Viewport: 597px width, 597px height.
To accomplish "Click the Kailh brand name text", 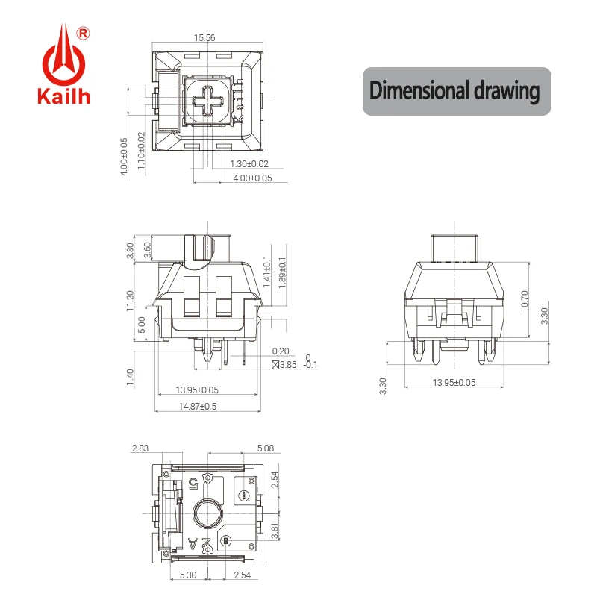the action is coord(63,96).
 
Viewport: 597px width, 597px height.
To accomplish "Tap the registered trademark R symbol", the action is coord(83,33).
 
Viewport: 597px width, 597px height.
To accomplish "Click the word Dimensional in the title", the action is coord(419,90).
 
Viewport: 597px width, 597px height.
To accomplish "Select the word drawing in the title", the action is coord(507,91).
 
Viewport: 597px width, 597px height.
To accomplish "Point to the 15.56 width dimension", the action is coord(204,38).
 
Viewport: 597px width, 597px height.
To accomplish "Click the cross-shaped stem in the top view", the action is coord(208,101).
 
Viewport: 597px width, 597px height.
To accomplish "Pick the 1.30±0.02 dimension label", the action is coord(249,163).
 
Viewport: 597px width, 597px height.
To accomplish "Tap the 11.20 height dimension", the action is coord(130,301).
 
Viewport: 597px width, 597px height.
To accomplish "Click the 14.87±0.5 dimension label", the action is coord(197,406).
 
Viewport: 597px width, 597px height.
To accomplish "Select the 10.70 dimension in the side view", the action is coord(525,301).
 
